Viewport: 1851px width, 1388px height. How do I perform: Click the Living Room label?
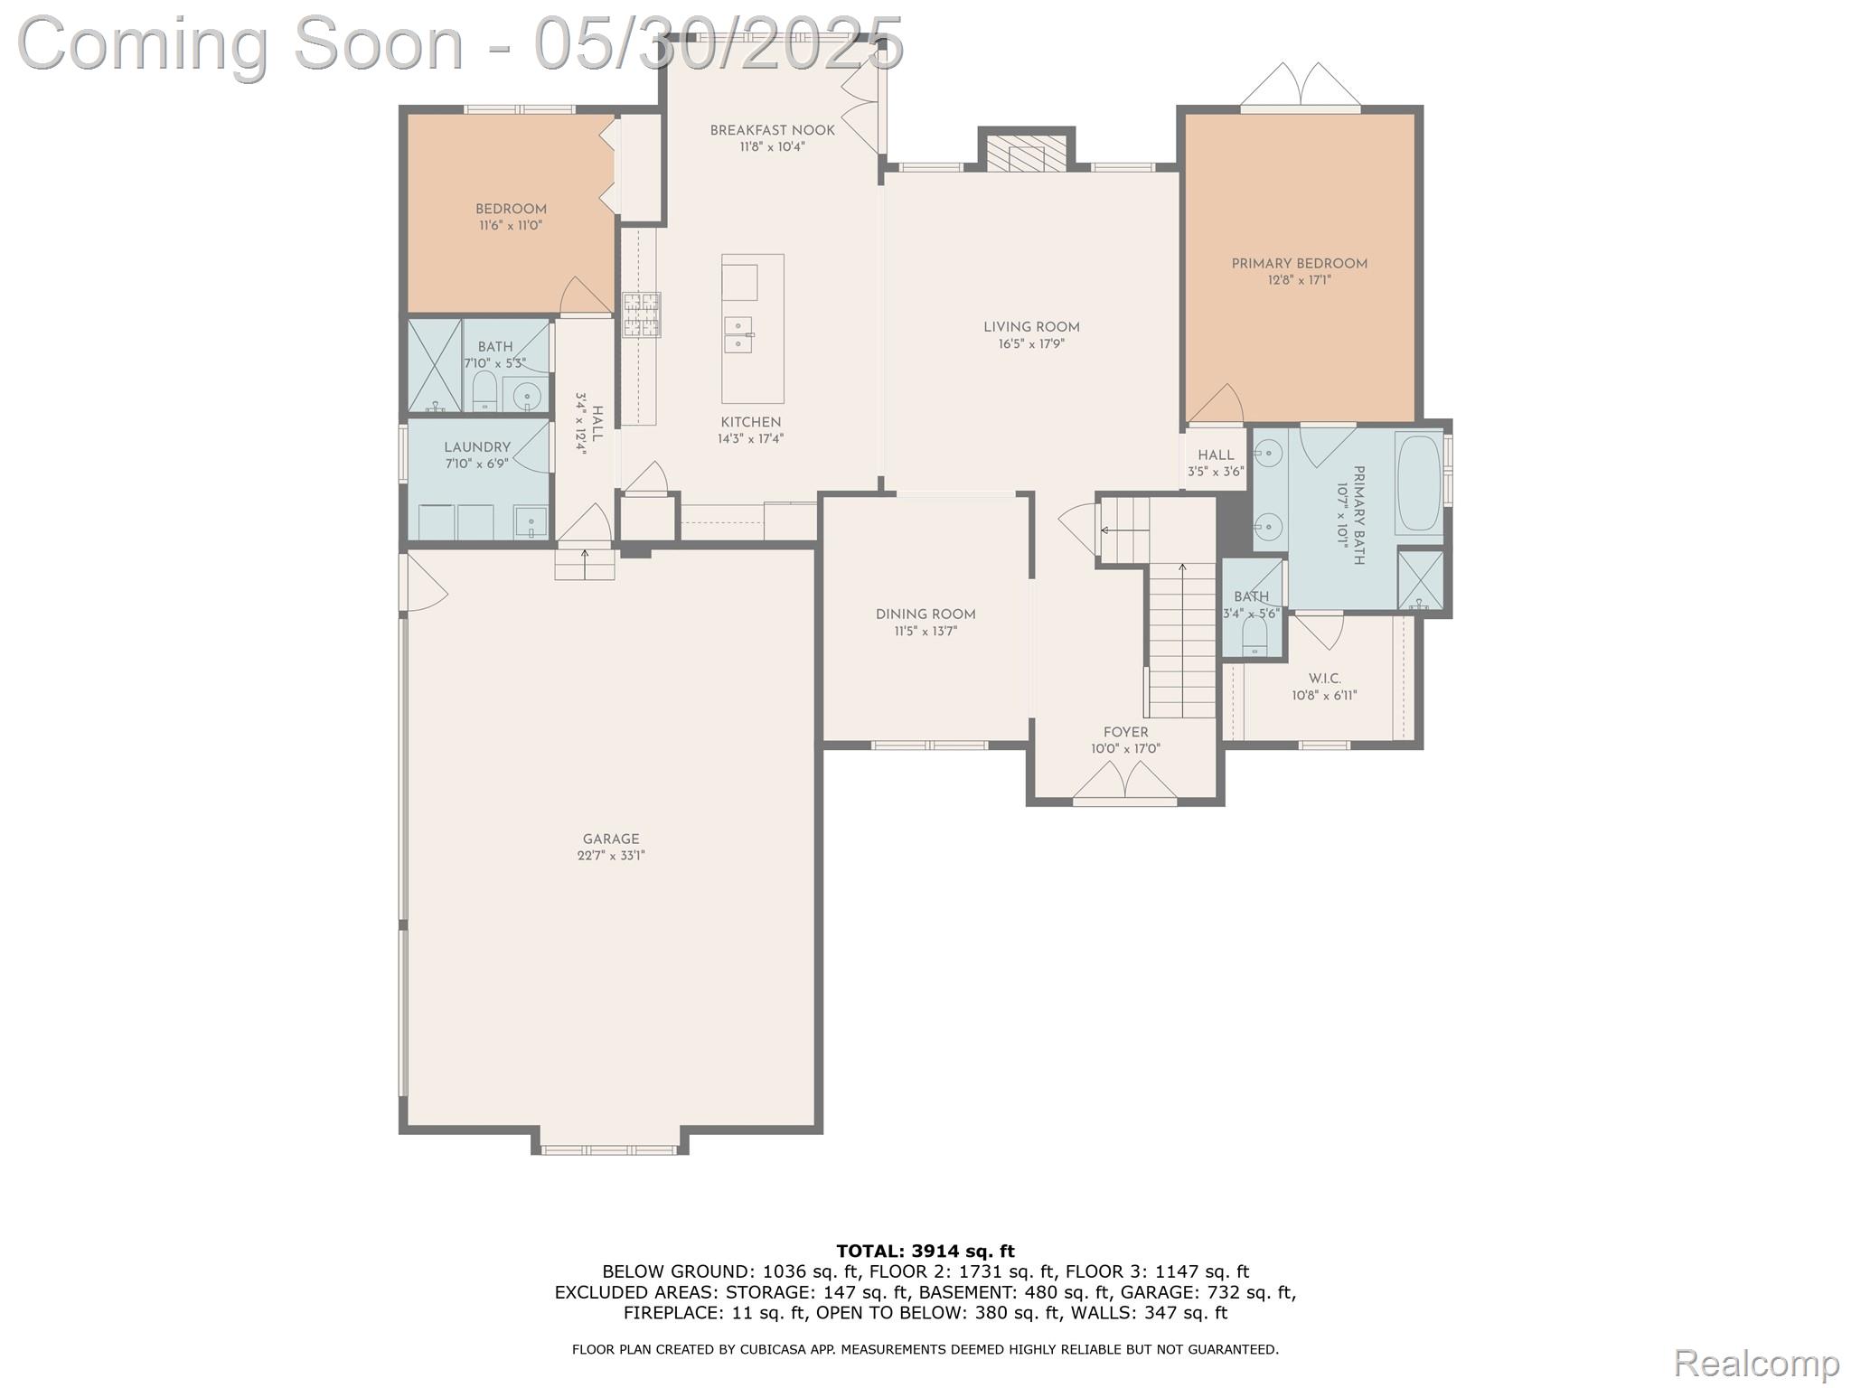pos(1031,327)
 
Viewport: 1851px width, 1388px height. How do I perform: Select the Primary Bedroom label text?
pos(1299,264)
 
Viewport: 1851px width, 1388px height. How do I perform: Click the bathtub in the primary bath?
pos(1419,483)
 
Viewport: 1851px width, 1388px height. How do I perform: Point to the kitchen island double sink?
pos(739,333)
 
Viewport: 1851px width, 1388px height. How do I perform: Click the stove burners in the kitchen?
pos(641,314)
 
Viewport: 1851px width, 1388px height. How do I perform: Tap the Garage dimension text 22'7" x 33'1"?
pos(611,856)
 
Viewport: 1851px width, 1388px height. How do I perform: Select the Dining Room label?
pos(925,614)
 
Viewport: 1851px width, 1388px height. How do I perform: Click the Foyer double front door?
pos(1124,783)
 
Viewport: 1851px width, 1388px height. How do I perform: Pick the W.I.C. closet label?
pos(1324,679)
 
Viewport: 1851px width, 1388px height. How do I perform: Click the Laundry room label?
pos(477,447)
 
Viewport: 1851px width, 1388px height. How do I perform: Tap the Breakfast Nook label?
pos(772,130)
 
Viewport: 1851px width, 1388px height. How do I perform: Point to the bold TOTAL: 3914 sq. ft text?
pos(925,1252)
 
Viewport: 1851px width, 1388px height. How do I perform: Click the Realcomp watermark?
pos(1756,1363)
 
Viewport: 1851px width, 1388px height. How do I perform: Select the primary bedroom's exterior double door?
pos(1300,87)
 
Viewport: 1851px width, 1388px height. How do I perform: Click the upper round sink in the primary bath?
pos(1271,451)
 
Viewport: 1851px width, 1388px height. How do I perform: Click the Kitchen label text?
pos(750,422)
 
